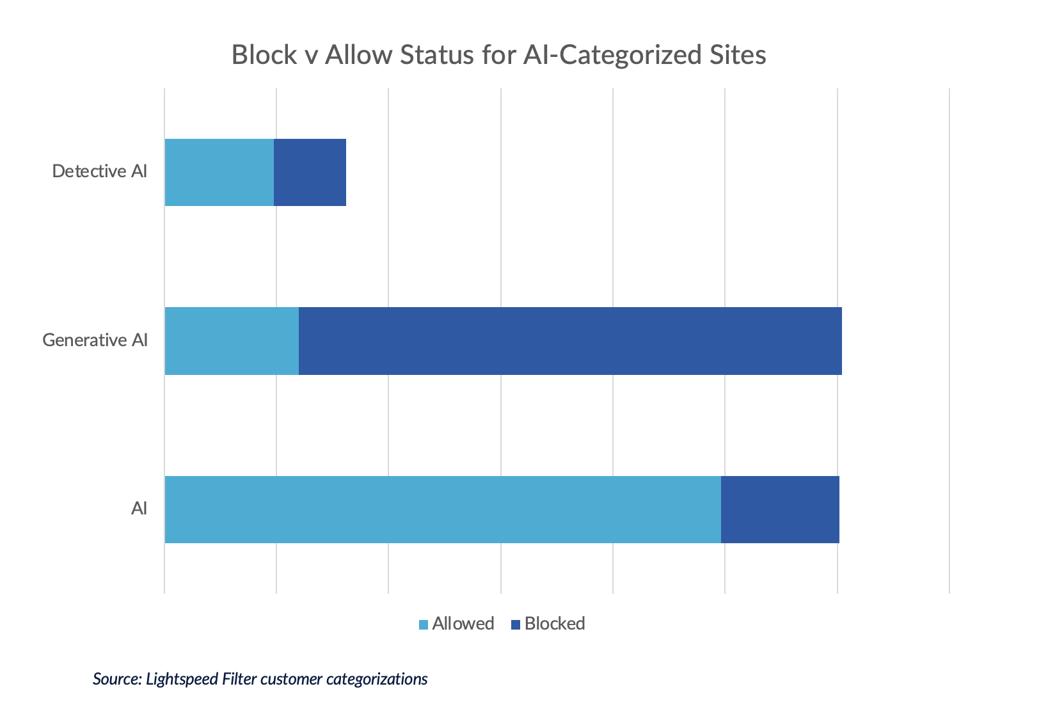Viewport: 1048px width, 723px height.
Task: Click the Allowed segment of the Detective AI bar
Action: (219, 172)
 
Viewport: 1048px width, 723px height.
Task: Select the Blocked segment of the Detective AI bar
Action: (310, 172)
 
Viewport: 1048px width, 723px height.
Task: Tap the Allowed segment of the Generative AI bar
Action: (232, 340)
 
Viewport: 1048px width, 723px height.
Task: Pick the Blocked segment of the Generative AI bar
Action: (569, 340)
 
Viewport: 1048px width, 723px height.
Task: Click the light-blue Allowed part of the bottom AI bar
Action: (443, 509)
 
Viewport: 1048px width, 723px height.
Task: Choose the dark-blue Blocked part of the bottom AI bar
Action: (780, 509)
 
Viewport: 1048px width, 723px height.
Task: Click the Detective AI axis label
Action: (100, 171)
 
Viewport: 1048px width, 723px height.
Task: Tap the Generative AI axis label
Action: (95, 340)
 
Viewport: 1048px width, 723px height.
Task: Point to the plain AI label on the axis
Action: (139, 509)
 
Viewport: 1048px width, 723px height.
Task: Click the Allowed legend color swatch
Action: (424, 624)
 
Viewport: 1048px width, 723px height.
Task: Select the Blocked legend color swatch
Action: (516, 624)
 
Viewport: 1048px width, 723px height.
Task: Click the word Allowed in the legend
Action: (463, 624)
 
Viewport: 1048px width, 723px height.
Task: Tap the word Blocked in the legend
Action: (555, 624)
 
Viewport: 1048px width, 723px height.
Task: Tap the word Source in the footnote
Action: (116, 679)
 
